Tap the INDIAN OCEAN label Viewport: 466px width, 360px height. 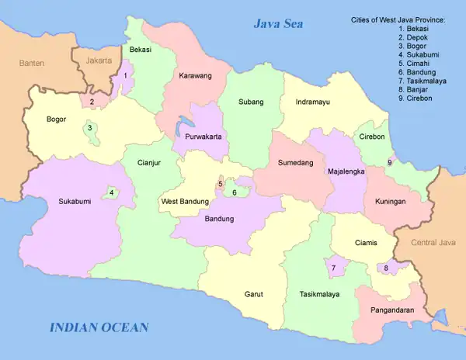coord(99,327)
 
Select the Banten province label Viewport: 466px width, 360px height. coord(32,62)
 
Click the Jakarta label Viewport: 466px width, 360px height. coord(99,59)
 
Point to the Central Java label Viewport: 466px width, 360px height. coord(433,242)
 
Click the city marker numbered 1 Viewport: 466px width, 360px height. coord(125,76)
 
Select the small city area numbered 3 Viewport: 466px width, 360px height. coord(90,129)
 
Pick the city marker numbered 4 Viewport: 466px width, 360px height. coord(112,192)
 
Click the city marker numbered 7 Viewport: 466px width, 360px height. coord(333,268)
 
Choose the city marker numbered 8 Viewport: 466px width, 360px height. coord(386,268)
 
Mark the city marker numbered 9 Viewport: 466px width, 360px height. coord(389,162)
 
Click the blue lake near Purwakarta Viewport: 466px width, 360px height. coord(185,125)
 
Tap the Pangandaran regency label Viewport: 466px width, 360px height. coord(385,310)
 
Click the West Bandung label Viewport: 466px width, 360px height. coord(184,202)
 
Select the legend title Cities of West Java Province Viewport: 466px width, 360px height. coord(396,19)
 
